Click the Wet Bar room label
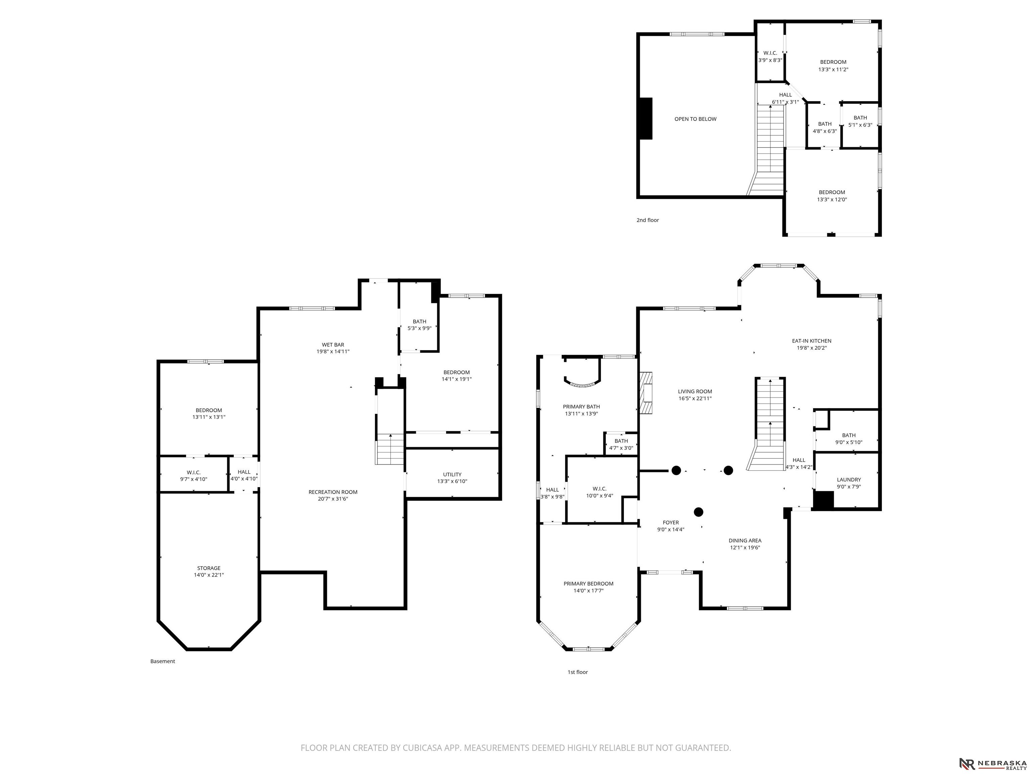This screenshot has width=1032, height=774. [333, 345]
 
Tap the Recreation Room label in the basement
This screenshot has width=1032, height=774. [333, 492]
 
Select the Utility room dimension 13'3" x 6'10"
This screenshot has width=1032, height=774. [452, 481]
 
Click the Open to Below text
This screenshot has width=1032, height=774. [695, 119]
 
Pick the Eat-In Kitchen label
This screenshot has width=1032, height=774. [811, 341]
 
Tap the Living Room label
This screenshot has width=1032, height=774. [695, 391]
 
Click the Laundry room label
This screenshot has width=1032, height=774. [849, 480]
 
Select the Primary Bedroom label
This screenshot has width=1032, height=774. [588, 583]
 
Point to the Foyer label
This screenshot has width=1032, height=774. [671, 522]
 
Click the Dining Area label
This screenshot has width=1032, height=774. [745, 540]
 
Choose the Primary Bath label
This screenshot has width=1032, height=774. [581, 406]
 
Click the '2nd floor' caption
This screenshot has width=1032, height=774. [648, 220]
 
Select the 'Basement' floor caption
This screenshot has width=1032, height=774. [162, 661]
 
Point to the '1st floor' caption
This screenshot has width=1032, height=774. [577, 672]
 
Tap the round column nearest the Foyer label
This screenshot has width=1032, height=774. [698, 512]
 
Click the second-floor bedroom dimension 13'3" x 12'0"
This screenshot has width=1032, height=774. [832, 199]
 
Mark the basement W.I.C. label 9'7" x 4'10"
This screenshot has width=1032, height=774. [193, 479]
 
